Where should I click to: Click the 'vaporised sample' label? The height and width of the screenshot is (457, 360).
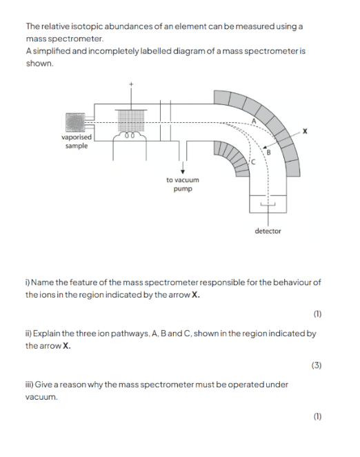(x=77, y=142)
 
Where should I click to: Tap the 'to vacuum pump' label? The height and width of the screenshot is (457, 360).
(x=183, y=184)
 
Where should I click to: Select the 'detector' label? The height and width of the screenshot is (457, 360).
(x=268, y=231)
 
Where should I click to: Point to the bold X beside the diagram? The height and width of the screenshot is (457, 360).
(x=305, y=131)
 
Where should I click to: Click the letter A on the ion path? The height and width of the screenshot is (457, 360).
(x=254, y=121)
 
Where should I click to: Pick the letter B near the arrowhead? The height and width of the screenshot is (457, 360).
(x=268, y=152)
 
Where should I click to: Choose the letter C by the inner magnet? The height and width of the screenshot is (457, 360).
(x=253, y=162)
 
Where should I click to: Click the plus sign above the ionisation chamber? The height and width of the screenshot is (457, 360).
(x=131, y=84)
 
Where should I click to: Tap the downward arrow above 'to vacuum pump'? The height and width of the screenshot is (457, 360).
(x=183, y=167)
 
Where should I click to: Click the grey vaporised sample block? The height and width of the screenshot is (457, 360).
(x=75, y=122)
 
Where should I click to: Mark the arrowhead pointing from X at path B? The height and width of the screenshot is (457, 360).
(x=264, y=148)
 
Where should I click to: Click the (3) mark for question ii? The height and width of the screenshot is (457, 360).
(x=317, y=365)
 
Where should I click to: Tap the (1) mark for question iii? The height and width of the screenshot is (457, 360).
(x=317, y=416)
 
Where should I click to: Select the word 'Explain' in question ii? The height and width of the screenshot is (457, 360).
(x=46, y=333)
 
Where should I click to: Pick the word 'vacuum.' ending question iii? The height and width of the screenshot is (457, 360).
(x=41, y=397)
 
